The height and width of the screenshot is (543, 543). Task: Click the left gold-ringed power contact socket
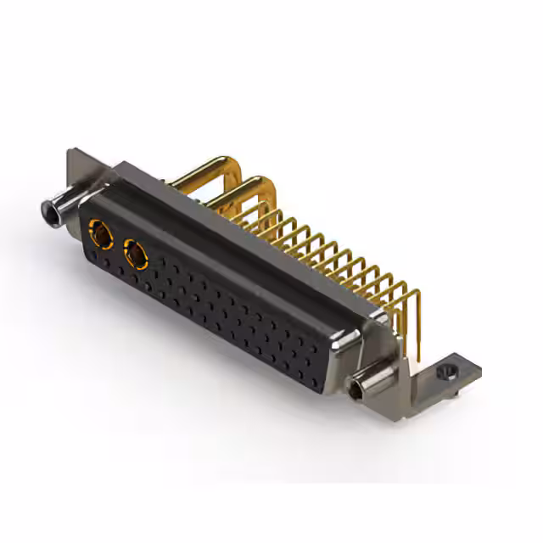coord(100,231)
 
